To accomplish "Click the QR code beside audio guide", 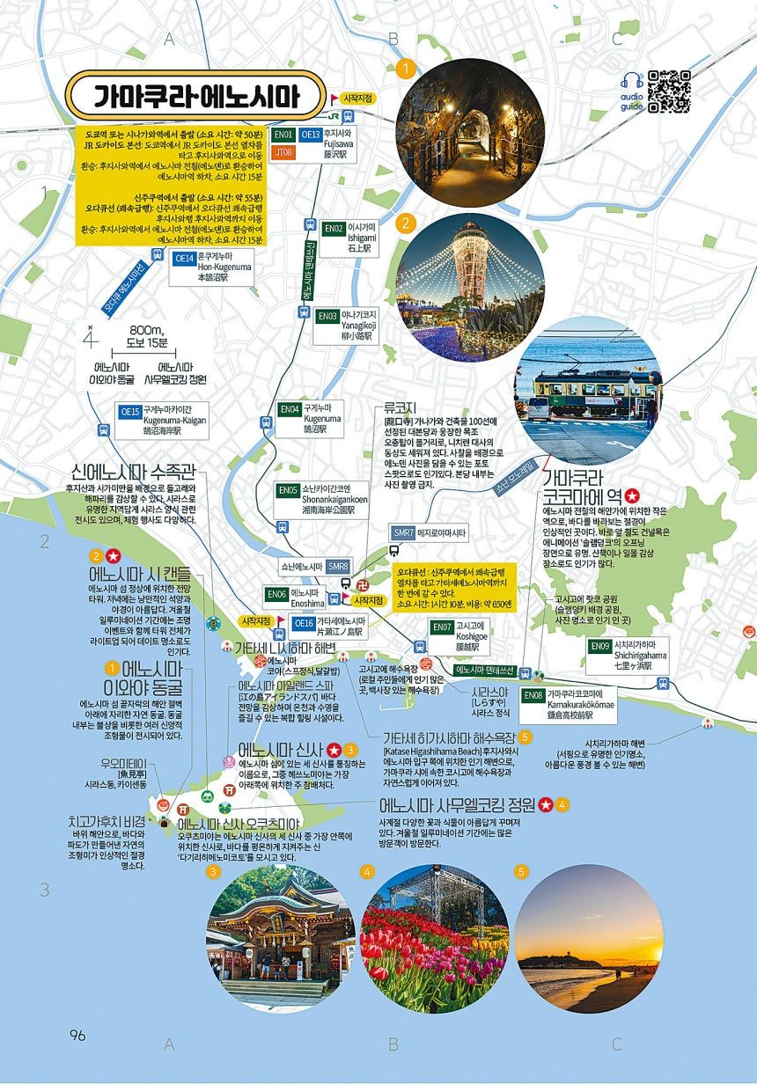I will (669, 91).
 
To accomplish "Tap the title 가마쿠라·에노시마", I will (196, 96).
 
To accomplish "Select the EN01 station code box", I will (283, 135).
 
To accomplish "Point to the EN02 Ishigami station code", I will (334, 229).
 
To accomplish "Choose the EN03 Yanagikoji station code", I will (327, 315).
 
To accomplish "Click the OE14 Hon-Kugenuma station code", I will (183, 258).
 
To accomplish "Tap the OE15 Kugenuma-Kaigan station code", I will (130, 411).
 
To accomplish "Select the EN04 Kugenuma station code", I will (290, 409).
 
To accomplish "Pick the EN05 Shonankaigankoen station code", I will (287, 490).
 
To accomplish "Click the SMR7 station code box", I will (404, 532).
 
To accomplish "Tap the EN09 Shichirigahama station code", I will (600, 646).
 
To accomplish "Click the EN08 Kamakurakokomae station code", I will (533, 695).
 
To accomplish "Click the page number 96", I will (77, 1035).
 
